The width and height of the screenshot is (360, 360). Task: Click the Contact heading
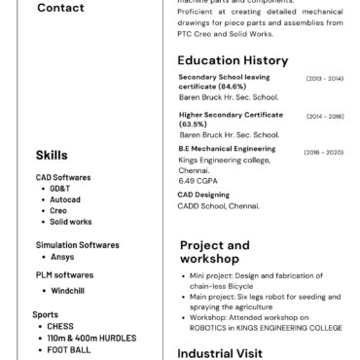point(34,9)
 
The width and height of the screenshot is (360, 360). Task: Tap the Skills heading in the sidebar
point(52,155)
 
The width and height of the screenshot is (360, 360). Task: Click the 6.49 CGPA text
point(198,180)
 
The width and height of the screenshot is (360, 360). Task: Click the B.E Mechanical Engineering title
point(227,149)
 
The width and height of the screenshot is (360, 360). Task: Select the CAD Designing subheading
point(203,195)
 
